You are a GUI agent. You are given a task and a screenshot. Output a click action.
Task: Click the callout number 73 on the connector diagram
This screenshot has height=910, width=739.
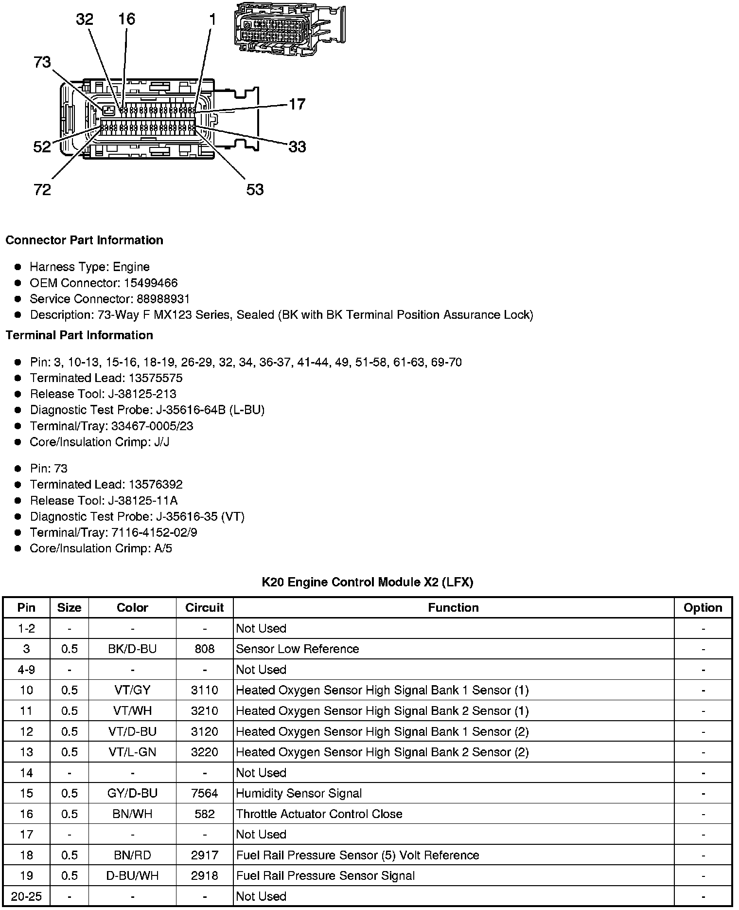click(x=42, y=62)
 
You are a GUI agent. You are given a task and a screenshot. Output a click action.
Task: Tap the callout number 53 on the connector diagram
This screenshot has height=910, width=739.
click(x=255, y=189)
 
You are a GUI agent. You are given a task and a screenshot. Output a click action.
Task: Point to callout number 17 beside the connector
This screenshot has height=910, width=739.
click(x=297, y=104)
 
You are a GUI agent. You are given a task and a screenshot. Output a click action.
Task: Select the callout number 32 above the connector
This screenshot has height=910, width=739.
click(x=85, y=19)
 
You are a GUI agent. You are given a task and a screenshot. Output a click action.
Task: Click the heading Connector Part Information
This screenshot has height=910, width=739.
click(x=85, y=240)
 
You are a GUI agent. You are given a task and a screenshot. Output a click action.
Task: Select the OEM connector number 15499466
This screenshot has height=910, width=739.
click(x=151, y=283)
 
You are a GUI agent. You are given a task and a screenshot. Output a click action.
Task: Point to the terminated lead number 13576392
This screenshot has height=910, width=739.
click(x=156, y=484)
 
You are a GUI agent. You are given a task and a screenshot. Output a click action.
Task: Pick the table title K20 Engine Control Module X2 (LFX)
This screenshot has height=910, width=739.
click(x=368, y=582)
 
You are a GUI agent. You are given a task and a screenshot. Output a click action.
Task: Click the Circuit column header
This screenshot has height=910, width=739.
click(x=204, y=607)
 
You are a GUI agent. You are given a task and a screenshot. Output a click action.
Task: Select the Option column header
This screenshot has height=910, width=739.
click(x=703, y=607)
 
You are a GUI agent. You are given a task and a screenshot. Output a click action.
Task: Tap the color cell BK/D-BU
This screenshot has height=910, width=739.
click(x=132, y=649)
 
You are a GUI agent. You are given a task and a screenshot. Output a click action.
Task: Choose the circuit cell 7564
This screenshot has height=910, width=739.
click(x=204, y=793)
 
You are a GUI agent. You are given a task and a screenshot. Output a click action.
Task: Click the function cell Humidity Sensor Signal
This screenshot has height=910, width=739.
click(x=299, y=793)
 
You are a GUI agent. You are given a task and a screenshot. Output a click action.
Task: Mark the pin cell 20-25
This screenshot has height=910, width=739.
click(x=26, y=896)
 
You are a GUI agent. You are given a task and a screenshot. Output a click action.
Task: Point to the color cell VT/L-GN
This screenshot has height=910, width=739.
click(x=132, y=752)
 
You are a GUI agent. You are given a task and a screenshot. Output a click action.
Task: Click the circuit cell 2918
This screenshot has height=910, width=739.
click(x=204, y=875)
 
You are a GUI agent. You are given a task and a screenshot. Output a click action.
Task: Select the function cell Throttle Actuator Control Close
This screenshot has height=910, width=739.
click(x=319, y=814)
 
